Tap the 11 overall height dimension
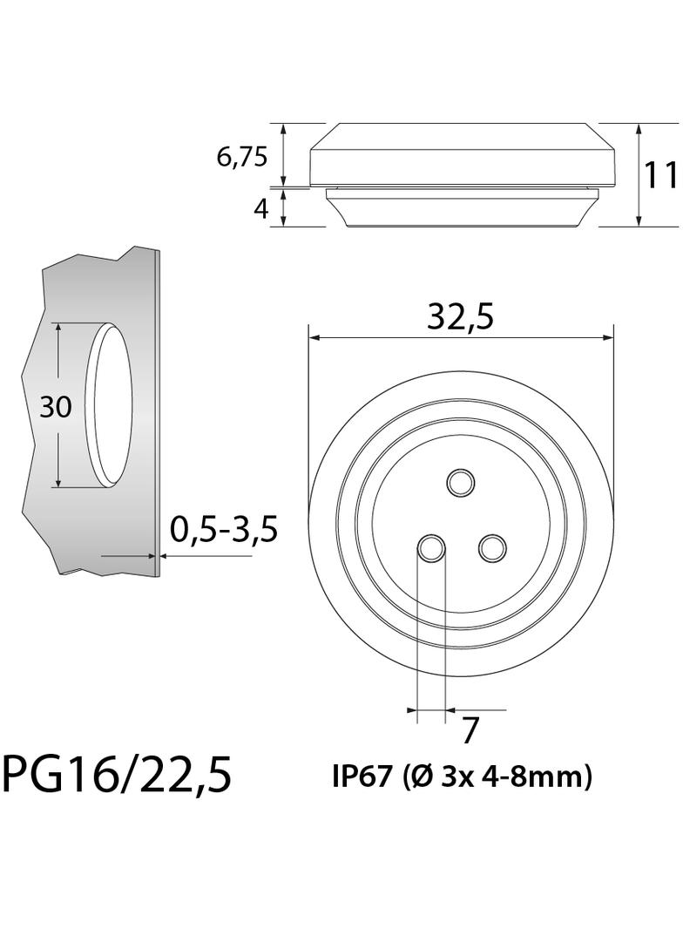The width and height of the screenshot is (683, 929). coord(660,175)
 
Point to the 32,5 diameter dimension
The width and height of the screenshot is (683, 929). coord(460,318)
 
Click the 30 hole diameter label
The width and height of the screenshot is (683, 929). coord(56,407)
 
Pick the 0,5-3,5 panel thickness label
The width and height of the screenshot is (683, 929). coord(223,529)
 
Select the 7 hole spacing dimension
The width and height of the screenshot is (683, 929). coord(470,730)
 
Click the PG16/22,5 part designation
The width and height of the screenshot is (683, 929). coord(118,774)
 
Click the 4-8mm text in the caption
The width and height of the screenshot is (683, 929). coord(527,776)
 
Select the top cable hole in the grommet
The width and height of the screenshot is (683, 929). coord(459,481)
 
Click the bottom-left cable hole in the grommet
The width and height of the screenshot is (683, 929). coord(431,548)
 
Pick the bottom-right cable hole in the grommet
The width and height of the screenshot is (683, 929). coord(492,548)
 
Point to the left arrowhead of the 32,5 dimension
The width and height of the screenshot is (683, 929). coord(314,338)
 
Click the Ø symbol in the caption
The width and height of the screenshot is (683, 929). coord(416,776)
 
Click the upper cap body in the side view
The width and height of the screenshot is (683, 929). coord(462,157)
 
